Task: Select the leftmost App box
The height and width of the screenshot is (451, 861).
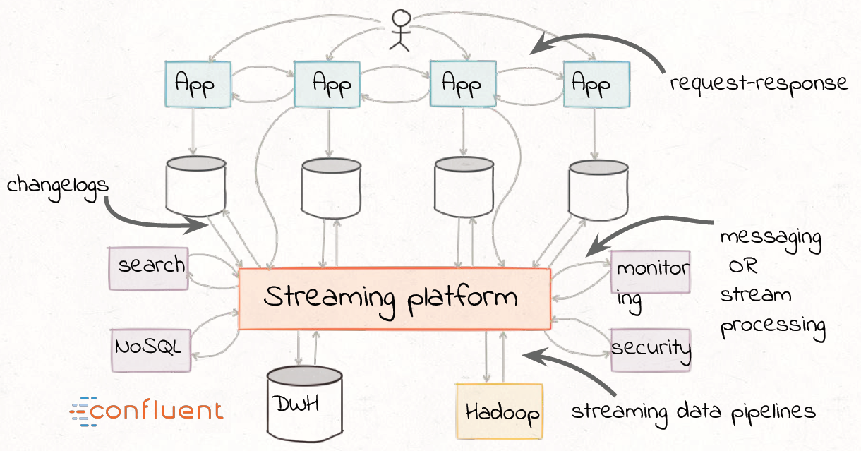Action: click(197, 84)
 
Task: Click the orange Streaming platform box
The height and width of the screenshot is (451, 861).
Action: click(394, 298)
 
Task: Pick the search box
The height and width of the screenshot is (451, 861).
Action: click(148, 267)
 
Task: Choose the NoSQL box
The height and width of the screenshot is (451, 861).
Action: click(150, 349)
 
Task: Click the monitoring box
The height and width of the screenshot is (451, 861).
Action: click(649, 272)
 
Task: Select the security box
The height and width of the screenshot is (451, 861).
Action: click(650, 349)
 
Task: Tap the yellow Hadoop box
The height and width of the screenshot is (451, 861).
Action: click(500, 411)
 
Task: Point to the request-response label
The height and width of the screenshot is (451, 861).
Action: click(759, 83)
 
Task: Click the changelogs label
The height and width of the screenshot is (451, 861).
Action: click(58, 185)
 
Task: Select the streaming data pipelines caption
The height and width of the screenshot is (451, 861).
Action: click(693, 411)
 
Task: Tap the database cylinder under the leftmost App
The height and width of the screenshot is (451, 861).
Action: click(195, 185)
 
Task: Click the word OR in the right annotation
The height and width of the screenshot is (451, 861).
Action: click(743, 267)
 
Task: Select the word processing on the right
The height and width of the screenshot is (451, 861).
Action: click(773, 325)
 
